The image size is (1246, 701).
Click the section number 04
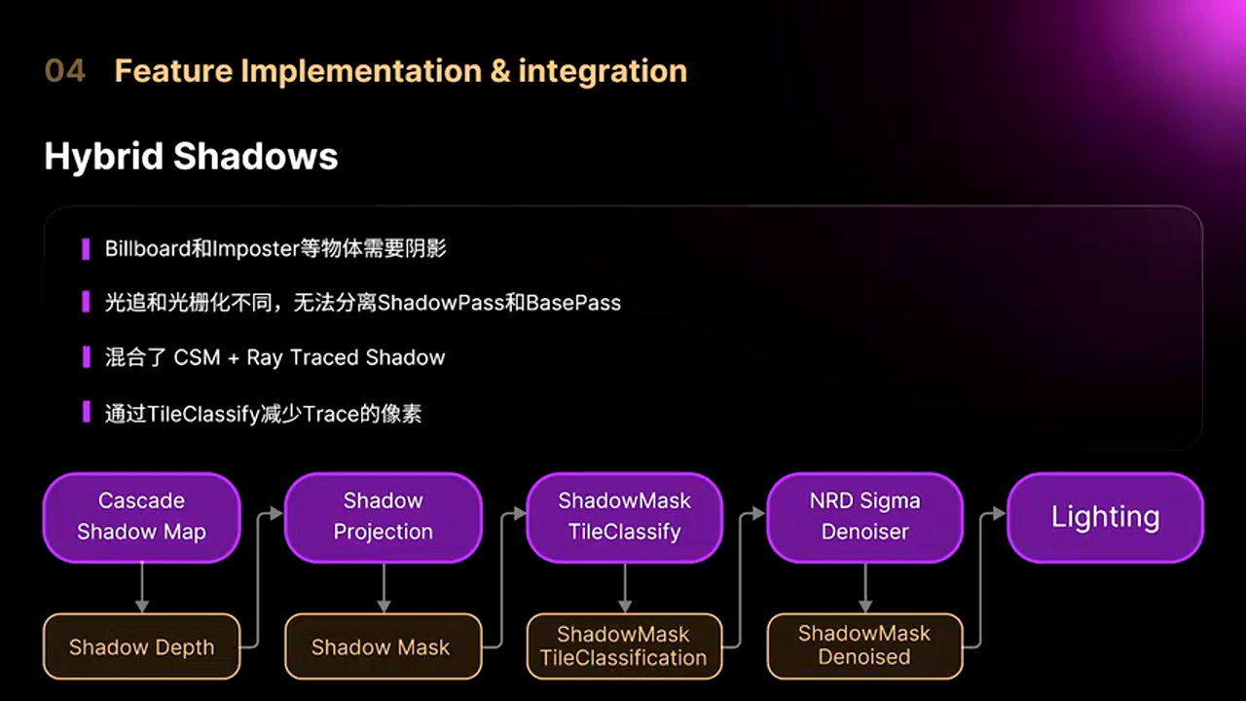[x=65, y=71]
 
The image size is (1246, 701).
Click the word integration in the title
[x=603, y=72]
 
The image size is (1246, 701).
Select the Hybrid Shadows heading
[x=191, y=157]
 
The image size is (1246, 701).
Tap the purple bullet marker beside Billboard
[x=86, y=249]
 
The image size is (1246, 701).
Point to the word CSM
[x=197, y=357]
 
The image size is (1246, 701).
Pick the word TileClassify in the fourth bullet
[x=204, y=415]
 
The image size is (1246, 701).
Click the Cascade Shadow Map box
[x=142, y=517]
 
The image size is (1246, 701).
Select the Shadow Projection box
[x=384, y=517]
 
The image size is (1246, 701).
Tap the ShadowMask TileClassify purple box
[x=625, y=517]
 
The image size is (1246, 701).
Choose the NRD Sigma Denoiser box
[x=865, y=517]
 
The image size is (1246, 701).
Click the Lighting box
[x=1105, y=517]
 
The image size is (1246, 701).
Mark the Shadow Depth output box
[x=142, y=646]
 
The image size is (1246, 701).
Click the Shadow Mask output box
[x=384, y=646]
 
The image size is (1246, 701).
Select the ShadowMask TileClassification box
[x=625, y=646]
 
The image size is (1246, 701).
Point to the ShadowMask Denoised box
[x=865, y=646]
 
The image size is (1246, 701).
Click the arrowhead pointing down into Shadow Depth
[x=142, y=607]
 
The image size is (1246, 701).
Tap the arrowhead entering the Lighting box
[x=1000, y=513]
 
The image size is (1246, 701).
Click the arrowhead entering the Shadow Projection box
[x=277, y=513]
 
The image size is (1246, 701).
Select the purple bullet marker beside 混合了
[x=87, y=357]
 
